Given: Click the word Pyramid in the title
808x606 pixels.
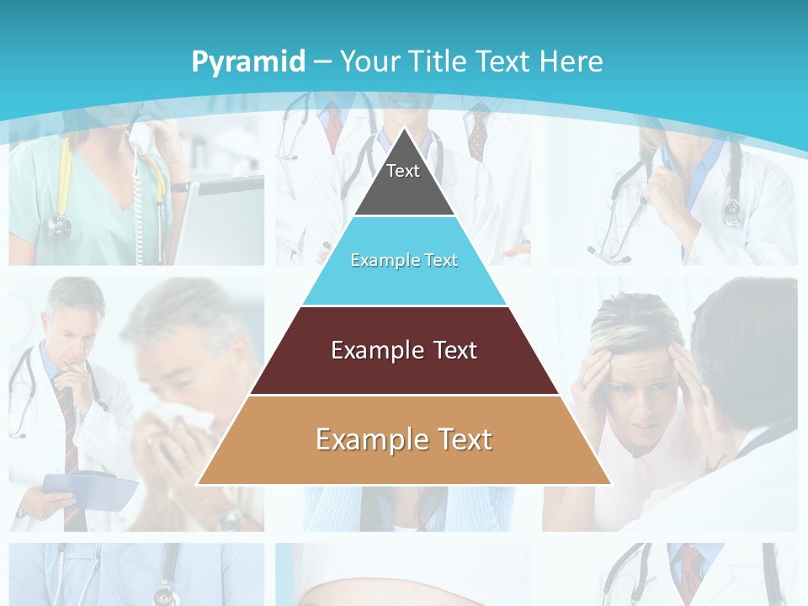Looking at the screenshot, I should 248,61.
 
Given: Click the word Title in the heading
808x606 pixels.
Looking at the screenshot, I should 438,61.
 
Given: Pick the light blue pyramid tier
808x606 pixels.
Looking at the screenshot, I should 404,261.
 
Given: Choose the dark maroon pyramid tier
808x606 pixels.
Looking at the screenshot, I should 404,350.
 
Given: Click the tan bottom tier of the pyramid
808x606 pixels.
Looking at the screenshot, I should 404,440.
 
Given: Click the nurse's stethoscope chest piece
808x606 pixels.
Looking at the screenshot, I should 59,224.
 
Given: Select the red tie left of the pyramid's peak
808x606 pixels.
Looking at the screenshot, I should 334,126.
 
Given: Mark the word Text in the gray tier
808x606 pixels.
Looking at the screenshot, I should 402,171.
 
